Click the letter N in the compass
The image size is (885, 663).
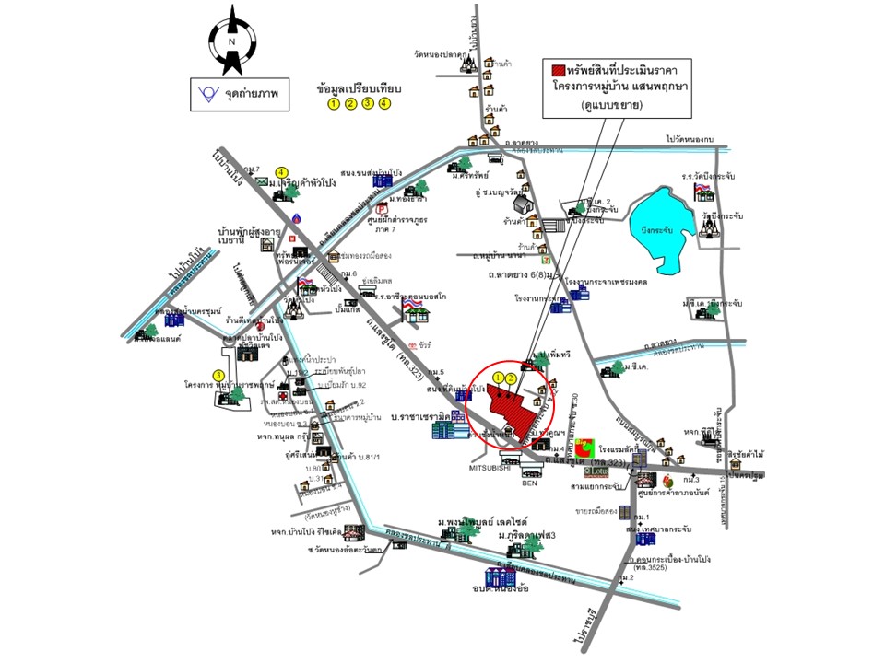(x=232, y=41)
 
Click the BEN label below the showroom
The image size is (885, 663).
(x=528, y=482)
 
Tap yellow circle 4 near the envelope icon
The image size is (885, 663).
(x=282, y=171)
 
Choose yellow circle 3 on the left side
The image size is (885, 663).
(x=218, y=375)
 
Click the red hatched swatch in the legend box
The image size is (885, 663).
(x=558, y=70)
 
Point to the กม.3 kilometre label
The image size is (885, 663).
(x=690, y=480)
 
